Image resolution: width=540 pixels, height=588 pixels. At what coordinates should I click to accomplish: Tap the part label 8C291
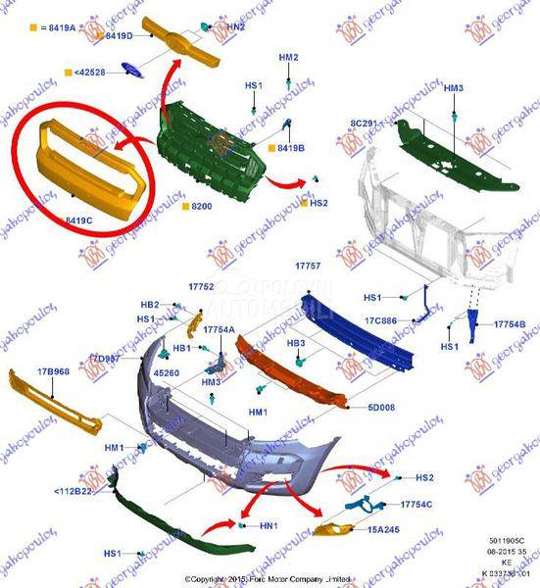click(x=364, y=123)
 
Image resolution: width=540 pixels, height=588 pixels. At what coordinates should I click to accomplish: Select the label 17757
click(x=309, y=267)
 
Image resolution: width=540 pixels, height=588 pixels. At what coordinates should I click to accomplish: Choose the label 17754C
click(x=416, y=505)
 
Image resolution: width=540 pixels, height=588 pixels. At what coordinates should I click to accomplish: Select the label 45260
click(x=167, y=372)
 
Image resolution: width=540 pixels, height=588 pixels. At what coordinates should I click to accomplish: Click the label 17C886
click(x=380, y=320)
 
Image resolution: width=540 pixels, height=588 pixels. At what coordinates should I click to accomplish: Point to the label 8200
click(x=202, y=207)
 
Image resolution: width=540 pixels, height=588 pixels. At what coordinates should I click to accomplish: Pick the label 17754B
click(x=510, y=324)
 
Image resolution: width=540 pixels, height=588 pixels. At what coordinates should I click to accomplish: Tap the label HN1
click(x=270, y=526)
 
